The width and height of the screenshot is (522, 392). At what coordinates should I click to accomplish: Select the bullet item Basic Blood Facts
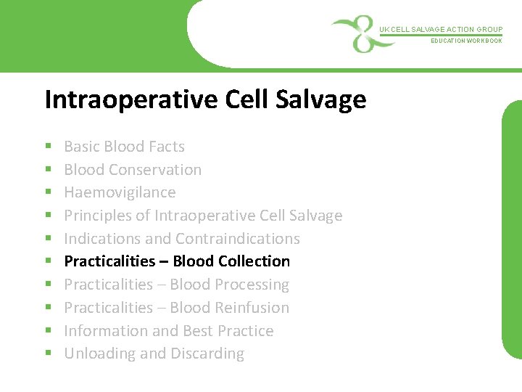coord(124,147)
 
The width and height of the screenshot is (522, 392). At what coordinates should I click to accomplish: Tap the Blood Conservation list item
coord(133,170)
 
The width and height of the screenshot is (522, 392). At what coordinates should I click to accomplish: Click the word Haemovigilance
coord(120,192)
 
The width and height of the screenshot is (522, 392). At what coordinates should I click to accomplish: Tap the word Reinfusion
coord(251,308)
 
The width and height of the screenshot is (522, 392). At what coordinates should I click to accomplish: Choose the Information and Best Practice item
coord(168,331)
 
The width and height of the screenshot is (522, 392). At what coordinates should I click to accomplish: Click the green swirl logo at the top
coord(355,33)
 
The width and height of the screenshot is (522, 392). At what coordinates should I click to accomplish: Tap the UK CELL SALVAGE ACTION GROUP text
coord(440,30)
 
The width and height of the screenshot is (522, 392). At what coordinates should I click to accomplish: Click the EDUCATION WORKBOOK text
coord(466,41)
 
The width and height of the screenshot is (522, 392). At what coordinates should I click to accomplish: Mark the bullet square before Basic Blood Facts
coord(47,147)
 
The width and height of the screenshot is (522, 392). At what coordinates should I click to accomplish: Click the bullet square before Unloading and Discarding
coord(47,354)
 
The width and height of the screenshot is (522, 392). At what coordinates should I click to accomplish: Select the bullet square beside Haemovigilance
coord(47,193)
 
